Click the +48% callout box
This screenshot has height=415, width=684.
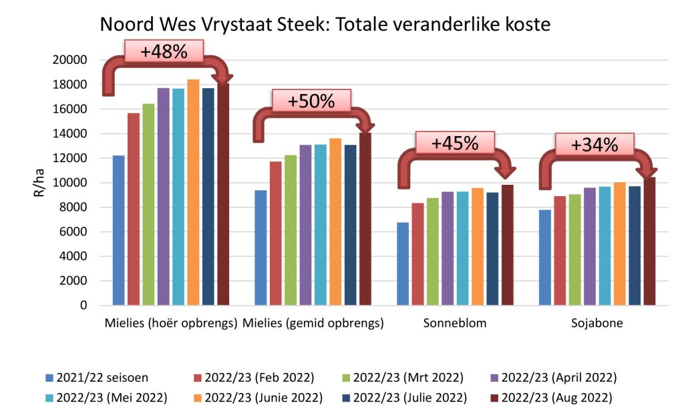click(x=164, y=51)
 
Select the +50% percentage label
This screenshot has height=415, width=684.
click(x=311, y=101)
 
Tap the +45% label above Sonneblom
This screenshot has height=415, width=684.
click(x=454, y=143)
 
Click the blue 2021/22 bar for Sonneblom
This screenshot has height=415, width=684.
click(x=403, y=264)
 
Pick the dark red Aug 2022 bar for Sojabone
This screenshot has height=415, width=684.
click(x=649, y=241)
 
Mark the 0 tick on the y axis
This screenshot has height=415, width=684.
click(x=84, y=306)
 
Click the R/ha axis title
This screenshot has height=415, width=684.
click(x=39, y=184)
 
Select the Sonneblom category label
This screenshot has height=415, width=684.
click(x=455, y=324)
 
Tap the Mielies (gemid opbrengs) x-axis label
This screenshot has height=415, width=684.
click(x=313, y=324)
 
